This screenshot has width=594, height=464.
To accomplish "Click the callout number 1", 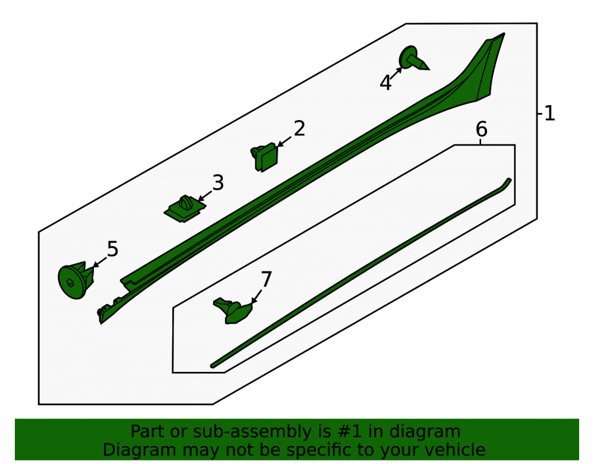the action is (549, 113).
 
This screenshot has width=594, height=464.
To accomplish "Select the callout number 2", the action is (299, 129).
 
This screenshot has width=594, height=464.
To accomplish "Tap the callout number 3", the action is (218, 183).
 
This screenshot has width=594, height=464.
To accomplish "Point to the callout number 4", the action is (386, 83).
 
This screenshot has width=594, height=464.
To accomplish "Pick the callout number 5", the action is (112, 250).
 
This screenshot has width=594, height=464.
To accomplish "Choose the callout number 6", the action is (482, 130).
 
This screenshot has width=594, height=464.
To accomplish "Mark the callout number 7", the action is (266, 280).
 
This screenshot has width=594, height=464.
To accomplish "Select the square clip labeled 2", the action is (264, 157).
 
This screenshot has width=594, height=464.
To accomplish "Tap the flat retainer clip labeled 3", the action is (185, 209).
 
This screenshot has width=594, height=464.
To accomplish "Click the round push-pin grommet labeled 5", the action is (76, 280).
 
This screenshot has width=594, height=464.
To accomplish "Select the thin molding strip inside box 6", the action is (361, 273).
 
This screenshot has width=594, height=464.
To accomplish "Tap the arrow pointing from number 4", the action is (396, 74).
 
